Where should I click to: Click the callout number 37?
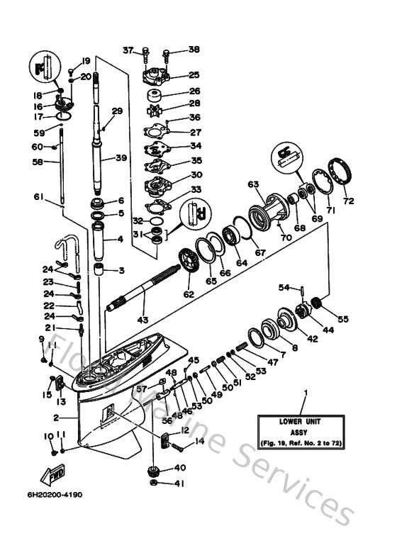coord(128,50)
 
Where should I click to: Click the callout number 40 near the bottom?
coord(180,467)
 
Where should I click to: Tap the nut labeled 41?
coord(154,483)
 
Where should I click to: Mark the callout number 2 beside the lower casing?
coord(55,419)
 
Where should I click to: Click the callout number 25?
coord(174,75)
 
